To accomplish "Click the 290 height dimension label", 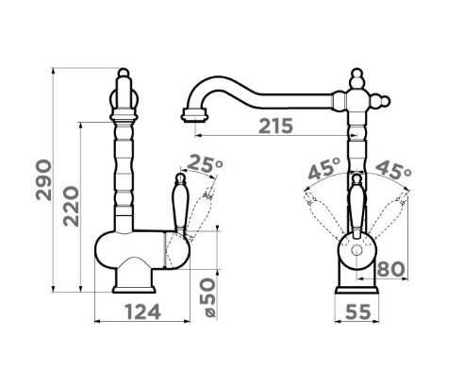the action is coord(43,180).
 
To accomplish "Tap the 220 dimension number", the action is coord(71,207).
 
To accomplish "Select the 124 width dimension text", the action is coord(143,312).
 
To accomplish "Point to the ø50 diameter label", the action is coord(208,297).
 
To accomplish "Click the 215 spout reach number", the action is coord(275,126).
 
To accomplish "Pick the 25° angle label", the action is coord(205,163).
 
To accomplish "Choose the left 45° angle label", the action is coord(324,168).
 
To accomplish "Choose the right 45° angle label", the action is coord(393,169).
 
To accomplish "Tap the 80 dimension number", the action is coord(390,269).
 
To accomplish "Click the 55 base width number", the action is coord(358,312).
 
